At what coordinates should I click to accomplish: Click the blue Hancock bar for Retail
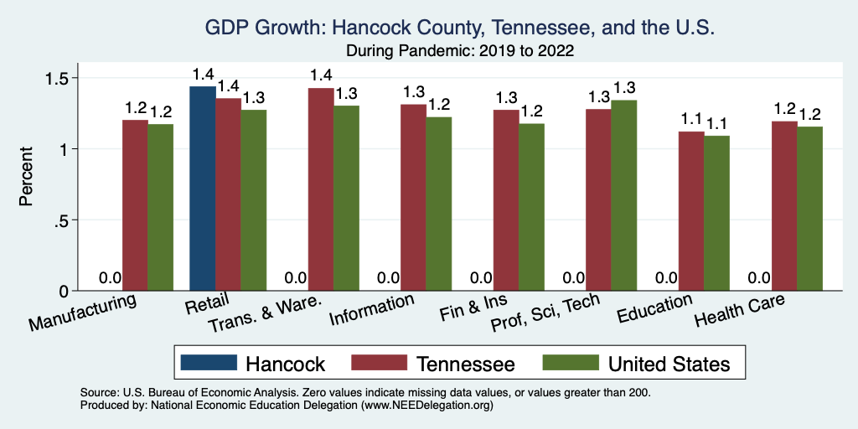tap(203, 189)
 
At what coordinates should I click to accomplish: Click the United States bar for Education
tap(716, 213)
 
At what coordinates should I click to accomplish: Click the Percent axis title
tap(27, 178)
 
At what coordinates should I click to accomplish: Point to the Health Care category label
tap(741, 312)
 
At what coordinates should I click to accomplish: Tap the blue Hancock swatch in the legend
tap(207, 364)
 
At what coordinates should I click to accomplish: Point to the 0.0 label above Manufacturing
tap(111, 278)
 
